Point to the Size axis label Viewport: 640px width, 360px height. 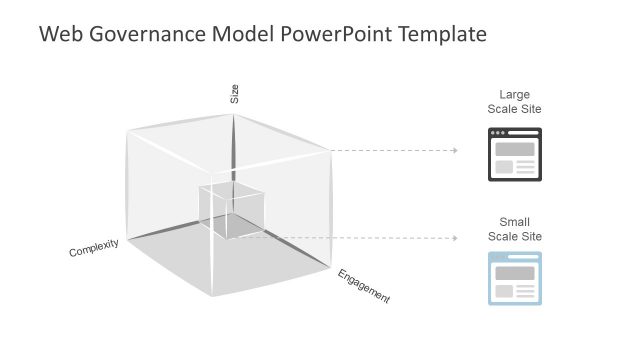pos(235,95)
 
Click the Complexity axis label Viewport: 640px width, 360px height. pos(94,247)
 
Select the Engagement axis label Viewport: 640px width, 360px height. pos(363,286)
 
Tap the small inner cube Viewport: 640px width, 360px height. pos(231,210)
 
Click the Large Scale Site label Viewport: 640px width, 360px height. pos(514,102)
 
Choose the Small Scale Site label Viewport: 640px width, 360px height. pos(514,229)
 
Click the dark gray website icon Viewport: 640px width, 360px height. pos(514,153)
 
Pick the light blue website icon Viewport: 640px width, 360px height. pos(514,278)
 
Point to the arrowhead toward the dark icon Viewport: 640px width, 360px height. pos(455,151)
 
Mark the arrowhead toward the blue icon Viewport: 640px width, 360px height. pos(455,238)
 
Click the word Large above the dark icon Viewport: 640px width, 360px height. pos(514,95)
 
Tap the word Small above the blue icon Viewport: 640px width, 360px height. pos(514,222)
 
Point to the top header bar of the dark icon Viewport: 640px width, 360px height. pos(514,132)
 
